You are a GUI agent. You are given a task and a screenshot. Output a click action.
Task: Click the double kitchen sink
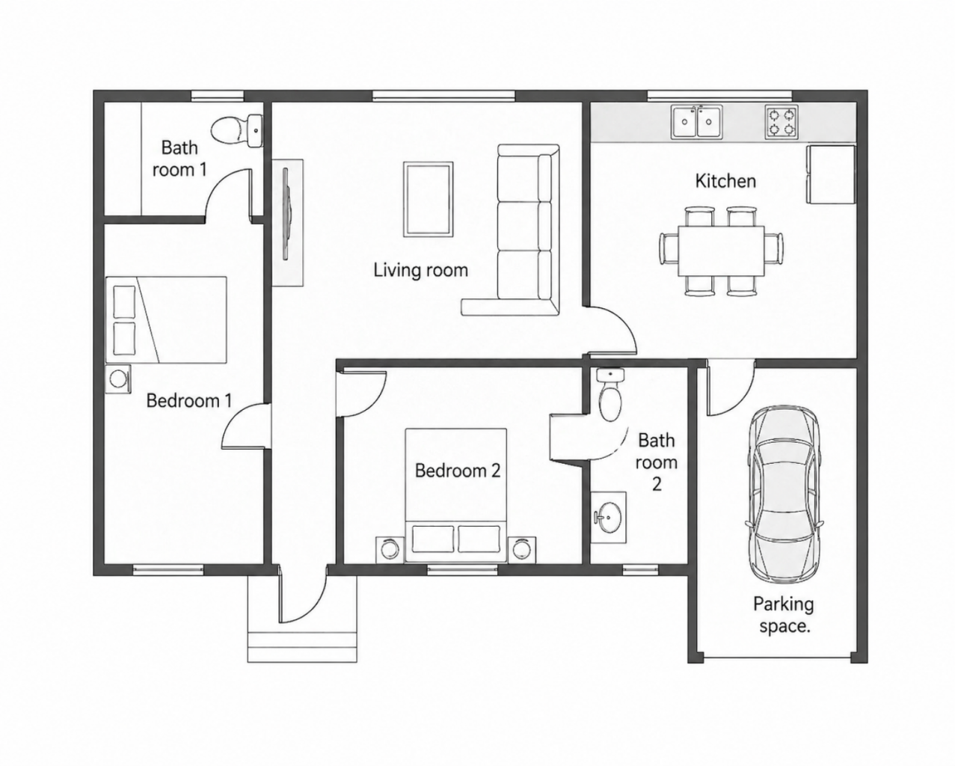pyautogui.click(x=696, y=121)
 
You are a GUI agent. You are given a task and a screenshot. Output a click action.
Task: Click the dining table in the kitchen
pyautogui.click(x=721, y=251)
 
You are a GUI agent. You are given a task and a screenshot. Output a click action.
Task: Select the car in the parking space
pyautogui.click(x=784, y=495)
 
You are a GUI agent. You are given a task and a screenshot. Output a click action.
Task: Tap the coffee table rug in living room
pyautogui.click(x=429, y=199)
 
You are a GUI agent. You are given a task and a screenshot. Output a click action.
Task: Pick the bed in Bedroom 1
pyautogui.click(x=166, y=319)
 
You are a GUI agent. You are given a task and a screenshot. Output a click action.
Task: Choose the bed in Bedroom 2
pyautogui.click(x=455, y=495)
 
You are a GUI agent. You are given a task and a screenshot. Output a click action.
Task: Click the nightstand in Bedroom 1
pyautogui.click(x=118, y=379)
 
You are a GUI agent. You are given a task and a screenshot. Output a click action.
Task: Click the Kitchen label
pyautogui.click(x=725, y=181)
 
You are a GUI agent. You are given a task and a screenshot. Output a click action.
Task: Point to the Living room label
pyautogui.click(x=421, y=270)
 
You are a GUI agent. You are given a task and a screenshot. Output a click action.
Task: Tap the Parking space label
pyautogui.click(x=784, y=615)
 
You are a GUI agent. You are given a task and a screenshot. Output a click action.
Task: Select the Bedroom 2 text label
pyautogui.click(x=458, y=471)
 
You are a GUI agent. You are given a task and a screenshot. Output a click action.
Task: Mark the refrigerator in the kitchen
pyautogui.click(x=831, y=174)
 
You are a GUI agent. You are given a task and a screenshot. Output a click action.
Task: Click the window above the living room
pyautogui.click(x=443, y=96)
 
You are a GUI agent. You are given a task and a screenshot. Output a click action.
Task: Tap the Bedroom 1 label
pyautogui.click(x=189, y=400)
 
